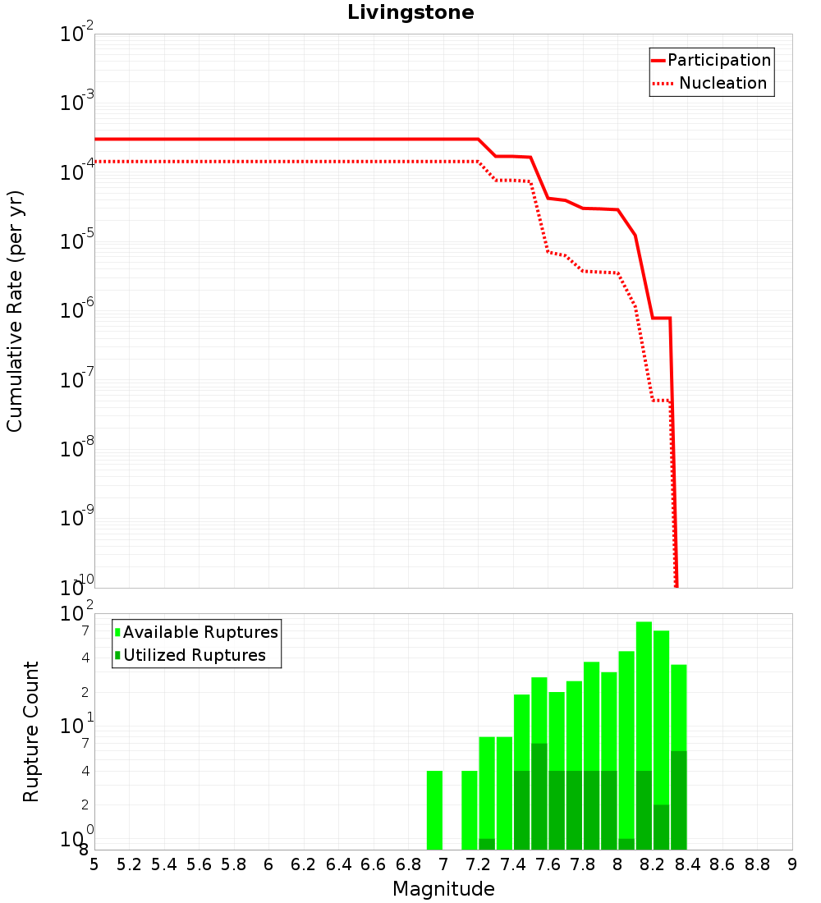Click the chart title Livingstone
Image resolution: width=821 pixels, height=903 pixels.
pyautogui.click(x=410, y=12)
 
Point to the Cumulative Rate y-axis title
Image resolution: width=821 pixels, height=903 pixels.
pyautogui.click(x=15, y=310)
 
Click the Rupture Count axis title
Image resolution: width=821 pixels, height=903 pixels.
pyautogui.click(x=31, y=731)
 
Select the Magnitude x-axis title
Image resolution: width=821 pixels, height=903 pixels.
pyautogui.click(x=443, y=889)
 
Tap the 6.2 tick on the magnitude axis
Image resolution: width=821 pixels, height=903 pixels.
pyautogui.click(x=304, y=864)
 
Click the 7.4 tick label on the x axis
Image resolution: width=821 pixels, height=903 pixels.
pyautogui.click(x=513, y=864)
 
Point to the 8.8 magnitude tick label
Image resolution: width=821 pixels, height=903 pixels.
pyautogui.click(x=757, y=864)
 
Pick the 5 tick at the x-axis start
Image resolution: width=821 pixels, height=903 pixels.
pyautogui.click(x=94, y=864)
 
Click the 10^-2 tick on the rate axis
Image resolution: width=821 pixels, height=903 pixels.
pyautogui.click(x=77, y=34)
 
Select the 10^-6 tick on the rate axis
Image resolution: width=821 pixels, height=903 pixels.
pyautogui.click(x=77, y=311)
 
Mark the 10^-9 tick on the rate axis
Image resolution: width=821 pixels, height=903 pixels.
pyautogui.click(x=77, y=519)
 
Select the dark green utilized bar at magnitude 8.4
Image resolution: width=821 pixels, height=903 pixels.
pyautogui.click(x=679, y=800)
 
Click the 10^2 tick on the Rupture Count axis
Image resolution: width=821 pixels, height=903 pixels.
pyautogui.click(x=77, y=614)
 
